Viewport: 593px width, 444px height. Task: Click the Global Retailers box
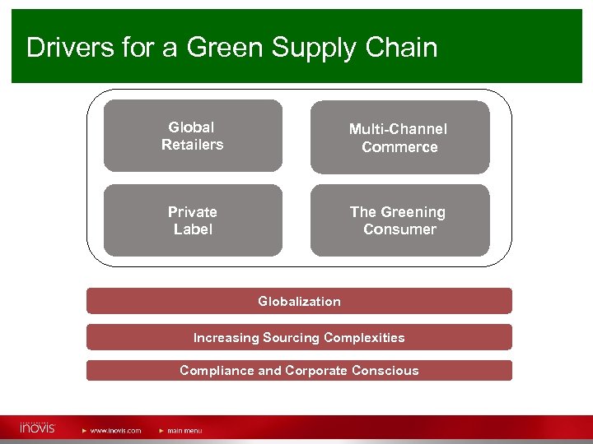tap(193, 136)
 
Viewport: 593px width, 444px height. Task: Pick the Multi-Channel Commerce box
tap(399, 137)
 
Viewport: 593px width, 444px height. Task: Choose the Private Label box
tap(193, 220)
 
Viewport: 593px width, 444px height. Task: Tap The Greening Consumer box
tap(399, 220)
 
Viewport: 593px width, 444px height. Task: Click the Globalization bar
tap(299, 301)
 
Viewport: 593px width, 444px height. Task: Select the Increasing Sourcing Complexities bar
tap(299, 337)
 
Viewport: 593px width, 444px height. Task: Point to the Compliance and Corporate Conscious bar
tap(299, 370)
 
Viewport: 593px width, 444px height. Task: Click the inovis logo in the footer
tap(37, 428)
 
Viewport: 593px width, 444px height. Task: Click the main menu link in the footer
tap(184, 430)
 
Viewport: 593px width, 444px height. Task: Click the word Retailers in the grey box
tap(193, 145)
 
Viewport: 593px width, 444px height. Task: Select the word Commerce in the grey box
tap(399, 147)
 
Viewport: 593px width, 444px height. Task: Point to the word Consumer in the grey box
tap(399, 229)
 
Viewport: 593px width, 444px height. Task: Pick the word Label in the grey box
tap(193, 229)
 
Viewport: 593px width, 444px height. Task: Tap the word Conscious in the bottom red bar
tap(385, 370)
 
